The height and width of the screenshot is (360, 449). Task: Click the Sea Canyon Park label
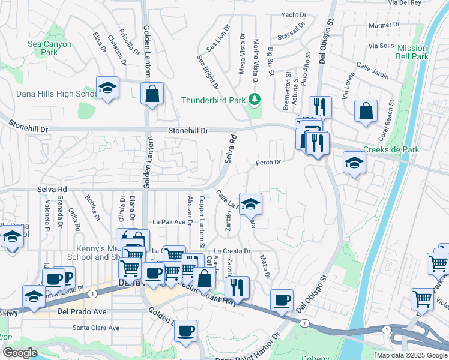pos(49,49)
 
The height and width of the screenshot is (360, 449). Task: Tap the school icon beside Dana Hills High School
pos(107,88)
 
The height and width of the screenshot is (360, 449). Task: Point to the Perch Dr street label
pos(268,162)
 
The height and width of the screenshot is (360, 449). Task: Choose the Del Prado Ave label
pos(82,312)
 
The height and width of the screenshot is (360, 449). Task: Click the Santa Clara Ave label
pos(96,328)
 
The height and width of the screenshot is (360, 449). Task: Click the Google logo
pos(20,353)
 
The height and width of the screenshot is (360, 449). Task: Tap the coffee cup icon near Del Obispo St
pos(281,299)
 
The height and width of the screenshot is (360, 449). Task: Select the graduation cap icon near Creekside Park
pos(354,162)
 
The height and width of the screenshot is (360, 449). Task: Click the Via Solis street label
pos(381,46)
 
